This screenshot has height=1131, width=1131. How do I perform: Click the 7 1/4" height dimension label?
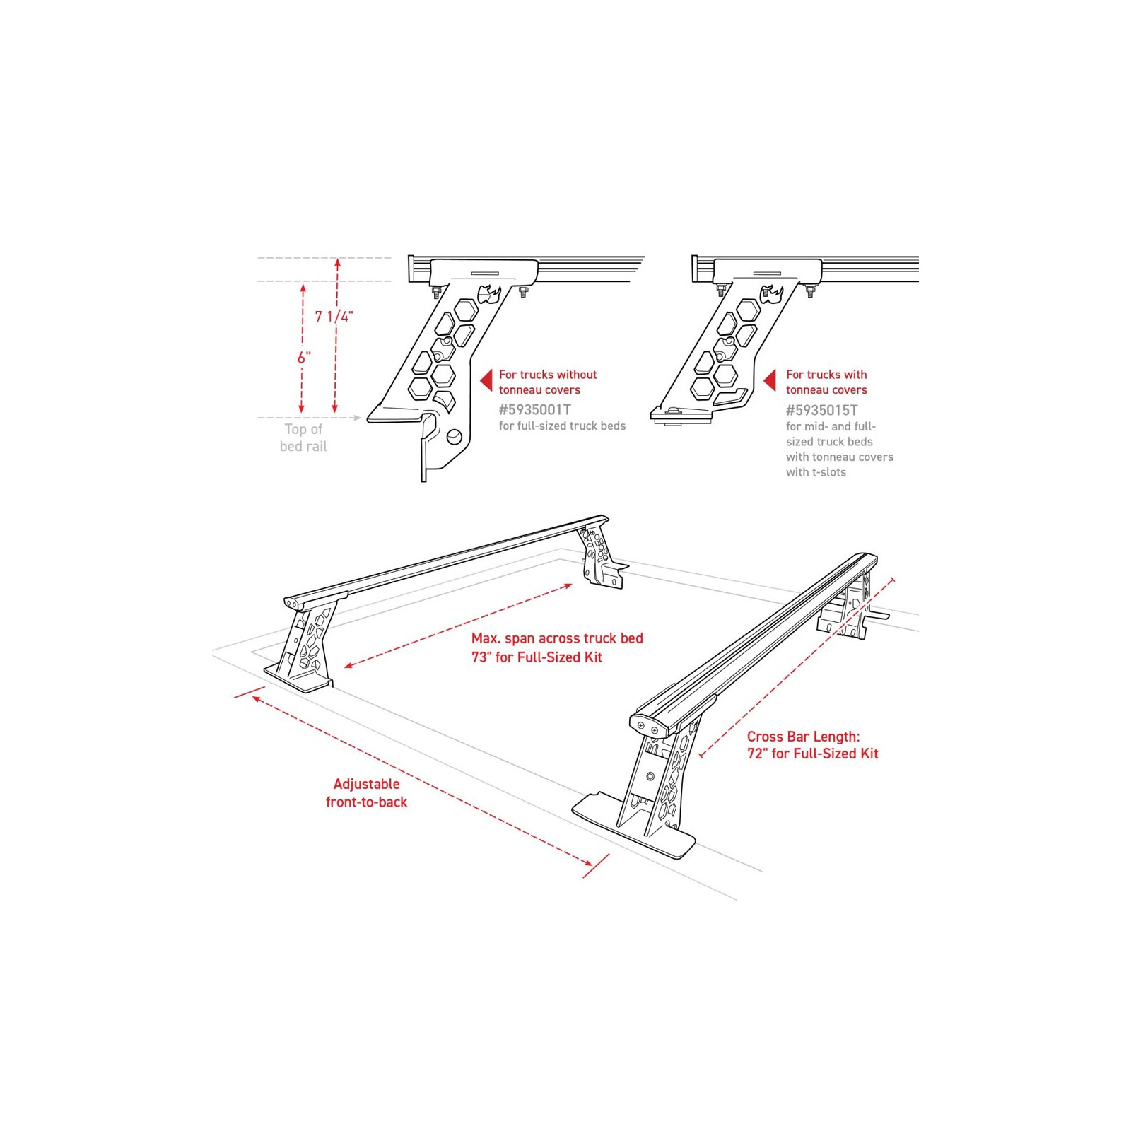(x=334, y=316)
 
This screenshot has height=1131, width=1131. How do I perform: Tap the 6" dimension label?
(x=305, y=358)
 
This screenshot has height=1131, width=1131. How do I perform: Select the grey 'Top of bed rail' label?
(x=303, y=438)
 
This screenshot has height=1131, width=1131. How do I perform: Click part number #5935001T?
(x=534, y=409)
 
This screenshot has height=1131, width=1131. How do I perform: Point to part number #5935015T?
(x=821, y=410)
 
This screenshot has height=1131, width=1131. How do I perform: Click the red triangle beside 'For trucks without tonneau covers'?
(x=486, y=380)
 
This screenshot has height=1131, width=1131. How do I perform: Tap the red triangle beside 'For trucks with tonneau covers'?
(x=770, y=380)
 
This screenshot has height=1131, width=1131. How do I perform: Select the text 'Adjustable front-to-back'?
(x=366, y=793)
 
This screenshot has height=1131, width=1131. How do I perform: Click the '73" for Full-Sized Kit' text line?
(x=537, y=657)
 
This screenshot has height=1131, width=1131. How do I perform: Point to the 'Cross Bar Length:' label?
(x=803, y=737)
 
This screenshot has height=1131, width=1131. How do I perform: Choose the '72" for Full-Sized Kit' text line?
(x=812, y=754)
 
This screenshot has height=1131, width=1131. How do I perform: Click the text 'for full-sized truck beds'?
(x=562, y=426)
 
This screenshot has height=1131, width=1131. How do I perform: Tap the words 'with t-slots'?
(x=816, y=472)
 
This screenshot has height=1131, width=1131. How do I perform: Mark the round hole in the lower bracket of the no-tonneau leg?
(x=455, y=438)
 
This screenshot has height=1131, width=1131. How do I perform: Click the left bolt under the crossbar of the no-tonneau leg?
(x=436, y=291)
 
